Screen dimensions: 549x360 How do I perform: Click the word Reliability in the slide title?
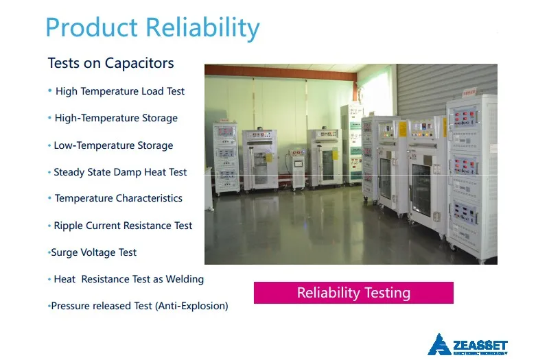pyautogui.click(x=202, y=27)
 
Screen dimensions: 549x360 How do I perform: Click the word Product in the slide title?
pyautogui.click(x=92, y=27)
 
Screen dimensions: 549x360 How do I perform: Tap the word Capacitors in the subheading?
pyautogui.click(x=139, y=63)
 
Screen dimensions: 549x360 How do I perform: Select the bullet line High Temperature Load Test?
pyautogui.click(x=119, y=91)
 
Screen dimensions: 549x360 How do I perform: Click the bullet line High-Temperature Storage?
pyautogui.click(x=116, y=118)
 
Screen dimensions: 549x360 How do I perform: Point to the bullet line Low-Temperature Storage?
pyautogui.click(x=113, y=145)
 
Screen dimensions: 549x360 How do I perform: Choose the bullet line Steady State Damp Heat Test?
pyautogui.click(x=120, y=172)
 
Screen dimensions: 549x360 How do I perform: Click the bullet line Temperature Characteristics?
pyautogui.click(x=118, y=198)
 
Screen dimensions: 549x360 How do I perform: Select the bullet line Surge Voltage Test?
pyautogui.click(x=93, y=252)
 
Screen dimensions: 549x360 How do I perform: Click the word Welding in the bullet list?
pyautogui.click(x=185, y=279)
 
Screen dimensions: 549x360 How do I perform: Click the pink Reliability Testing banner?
pyautogui.click(x=353, y=293)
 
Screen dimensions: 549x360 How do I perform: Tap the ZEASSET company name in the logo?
pyautogui.click(x=480, y=346)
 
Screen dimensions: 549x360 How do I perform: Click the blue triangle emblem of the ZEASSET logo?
pyautogui.click(x=439, y=345)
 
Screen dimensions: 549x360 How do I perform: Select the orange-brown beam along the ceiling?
pyautogui.click(x=280, y=73)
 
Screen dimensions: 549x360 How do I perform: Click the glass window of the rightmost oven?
pyautogui.click(x=421, y=190)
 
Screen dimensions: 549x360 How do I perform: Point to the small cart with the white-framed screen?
pyautogui.click(x=297, y=169)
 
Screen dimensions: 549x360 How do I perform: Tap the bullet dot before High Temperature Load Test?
pyautogui.click(x=49, y=91)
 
